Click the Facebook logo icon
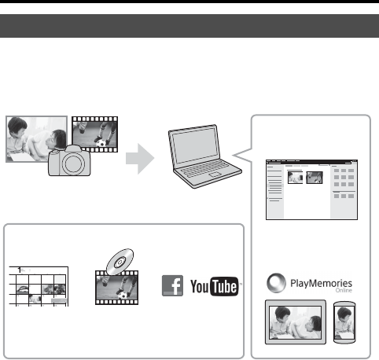(x=172, y=285)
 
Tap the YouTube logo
(x=215, y=286)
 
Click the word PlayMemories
(x=321, y=283)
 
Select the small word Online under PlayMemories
(x=344, y=290)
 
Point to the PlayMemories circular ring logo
(x=276, y=283)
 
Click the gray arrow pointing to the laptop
(x=140, y=159)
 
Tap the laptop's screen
(x=196, y=145)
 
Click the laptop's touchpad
(x=215, y=174)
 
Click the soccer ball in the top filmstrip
(x=101, y=143)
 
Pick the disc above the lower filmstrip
(x=120, y=262)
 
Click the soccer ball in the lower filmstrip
(x=123, y=296)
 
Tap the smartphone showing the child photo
(x=344, y=322)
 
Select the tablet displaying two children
(x=296, y=322)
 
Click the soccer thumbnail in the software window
(x=315, y=178)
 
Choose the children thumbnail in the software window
(x=295, y=178)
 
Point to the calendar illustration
(x=39, y=286)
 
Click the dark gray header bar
(x=189, y=26)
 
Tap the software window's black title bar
(x=311, y=162)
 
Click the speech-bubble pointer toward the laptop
(x=242, y=155)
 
